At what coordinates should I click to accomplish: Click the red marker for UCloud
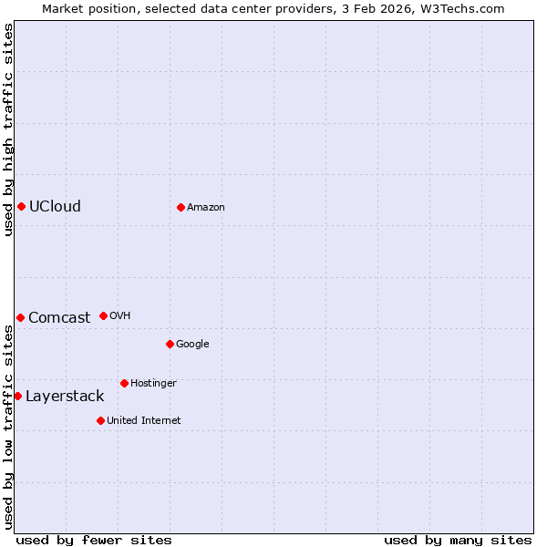point(21,206)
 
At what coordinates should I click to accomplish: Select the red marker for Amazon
point(181,207)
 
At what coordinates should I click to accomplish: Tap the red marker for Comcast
point(20,317)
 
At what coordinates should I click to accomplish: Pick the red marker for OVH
point(103,315)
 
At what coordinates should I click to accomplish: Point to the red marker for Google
point(170,344)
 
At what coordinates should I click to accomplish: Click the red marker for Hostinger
point(124,383)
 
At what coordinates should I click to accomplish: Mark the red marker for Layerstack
point(17,396)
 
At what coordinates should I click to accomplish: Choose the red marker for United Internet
point(100,420)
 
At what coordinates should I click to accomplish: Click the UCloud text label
point(55,206)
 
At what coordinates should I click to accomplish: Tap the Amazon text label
point(206,207)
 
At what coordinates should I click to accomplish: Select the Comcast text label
point(59,317)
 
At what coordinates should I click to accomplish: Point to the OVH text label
point(120,315)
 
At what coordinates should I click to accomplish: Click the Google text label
point(192,344)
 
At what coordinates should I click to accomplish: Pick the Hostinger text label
point(153,383)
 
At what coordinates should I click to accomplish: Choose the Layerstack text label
point(65,396)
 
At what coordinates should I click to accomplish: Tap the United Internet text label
point(144,420)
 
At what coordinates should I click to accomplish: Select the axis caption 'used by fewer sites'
point(94,540)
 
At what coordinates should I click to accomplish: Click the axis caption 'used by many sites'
point(458,540)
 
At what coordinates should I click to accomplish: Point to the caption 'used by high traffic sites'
point(8,129)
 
